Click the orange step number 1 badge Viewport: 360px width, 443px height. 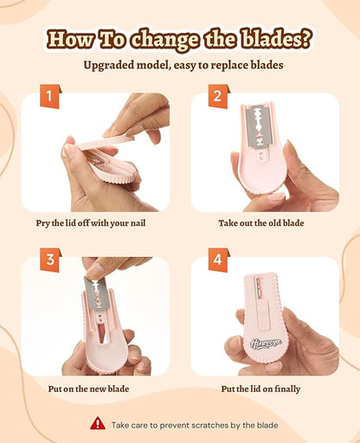[50, 96]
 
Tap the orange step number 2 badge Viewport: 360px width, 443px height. [219, 96]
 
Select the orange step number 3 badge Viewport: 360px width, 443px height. [50, 260]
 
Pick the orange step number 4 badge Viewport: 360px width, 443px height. [219, 260]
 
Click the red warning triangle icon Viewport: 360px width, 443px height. [98, 423]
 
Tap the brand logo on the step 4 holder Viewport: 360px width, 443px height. [266, 343]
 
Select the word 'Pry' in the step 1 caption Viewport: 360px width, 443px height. [42, 223]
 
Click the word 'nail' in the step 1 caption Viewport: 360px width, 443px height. [138, 223]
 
